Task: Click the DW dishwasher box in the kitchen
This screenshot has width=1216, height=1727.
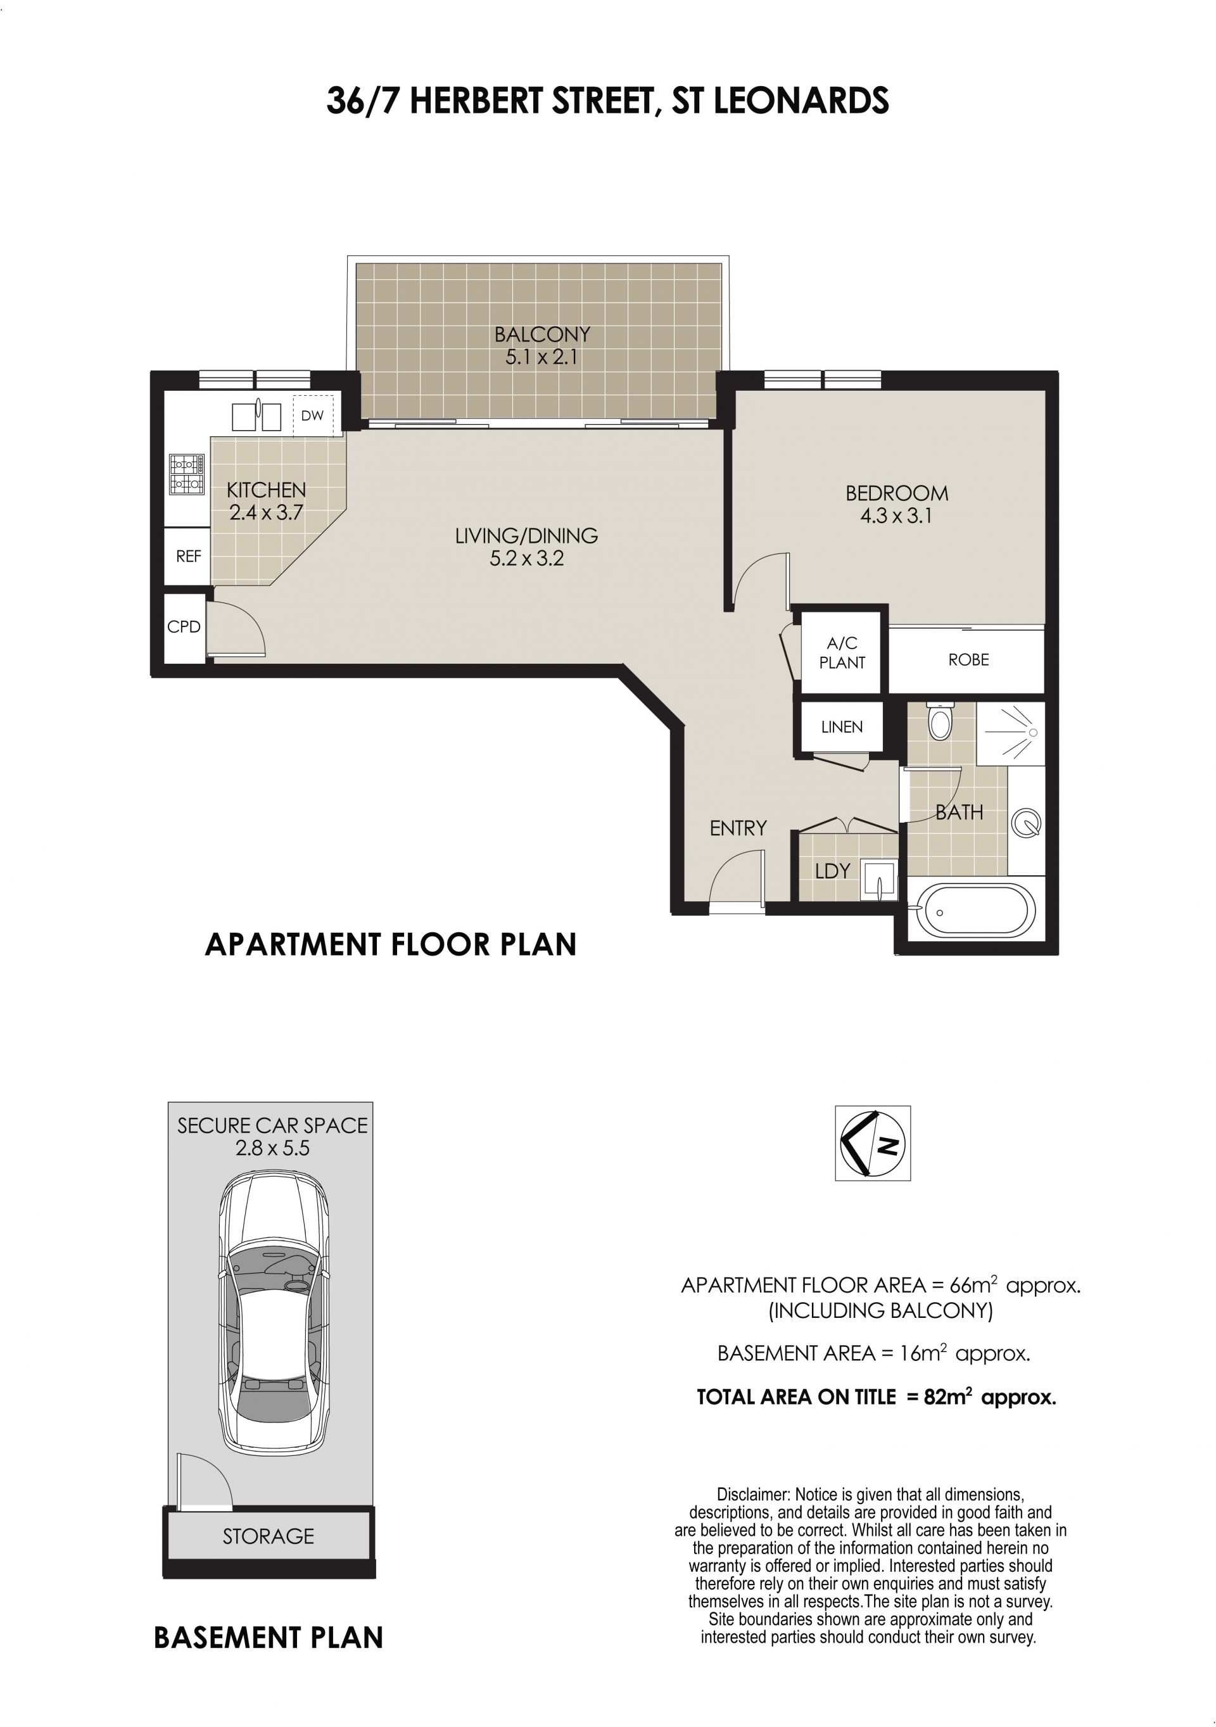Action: coord(312,415)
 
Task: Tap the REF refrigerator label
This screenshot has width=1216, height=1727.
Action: coord(188,557)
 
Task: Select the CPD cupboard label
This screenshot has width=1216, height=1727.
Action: coord(184,626)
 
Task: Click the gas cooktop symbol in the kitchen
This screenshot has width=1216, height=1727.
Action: coord(186,474)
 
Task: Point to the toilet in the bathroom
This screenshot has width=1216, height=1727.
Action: coord(939,721)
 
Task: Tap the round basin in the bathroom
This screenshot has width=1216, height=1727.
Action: coord(1027,823)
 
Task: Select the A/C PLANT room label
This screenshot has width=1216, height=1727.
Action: coord(842,652)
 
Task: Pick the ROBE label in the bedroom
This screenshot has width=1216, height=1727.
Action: coord(968,660)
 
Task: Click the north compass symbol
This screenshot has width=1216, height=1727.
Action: coord(872,1143)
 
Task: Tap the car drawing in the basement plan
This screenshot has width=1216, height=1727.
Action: coord(274,1314)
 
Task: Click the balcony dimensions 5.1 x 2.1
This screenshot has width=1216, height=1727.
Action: coord(541,357)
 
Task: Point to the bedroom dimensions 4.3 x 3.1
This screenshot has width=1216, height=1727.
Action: coord(896,516)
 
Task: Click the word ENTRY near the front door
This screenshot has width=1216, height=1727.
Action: coord(738,828)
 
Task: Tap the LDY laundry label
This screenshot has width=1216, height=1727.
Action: coord(832,871)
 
